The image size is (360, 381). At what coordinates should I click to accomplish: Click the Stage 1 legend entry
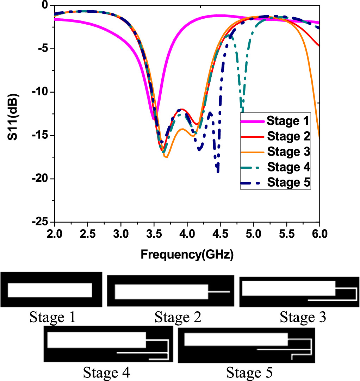click(x=275, y=121)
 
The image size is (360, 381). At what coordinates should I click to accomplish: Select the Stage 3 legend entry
click(x=275, y=152)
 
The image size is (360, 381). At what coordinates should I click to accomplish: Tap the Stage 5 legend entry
click(x=275, y=182)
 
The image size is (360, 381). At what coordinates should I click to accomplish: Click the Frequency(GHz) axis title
click(x=187, y=254)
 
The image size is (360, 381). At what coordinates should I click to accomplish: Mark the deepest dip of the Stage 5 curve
click(x=218, y=171)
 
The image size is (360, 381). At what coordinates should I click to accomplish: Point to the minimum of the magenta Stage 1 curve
click(x=153, y=119)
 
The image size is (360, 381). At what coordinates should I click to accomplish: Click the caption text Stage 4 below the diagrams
click(x=106, y=372)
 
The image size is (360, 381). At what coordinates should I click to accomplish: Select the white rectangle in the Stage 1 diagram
click(x=50, y=290)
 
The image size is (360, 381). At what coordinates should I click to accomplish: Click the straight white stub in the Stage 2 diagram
click(x=219, y=292)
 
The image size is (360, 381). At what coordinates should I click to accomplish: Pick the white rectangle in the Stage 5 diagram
click(x=236, y=339)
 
